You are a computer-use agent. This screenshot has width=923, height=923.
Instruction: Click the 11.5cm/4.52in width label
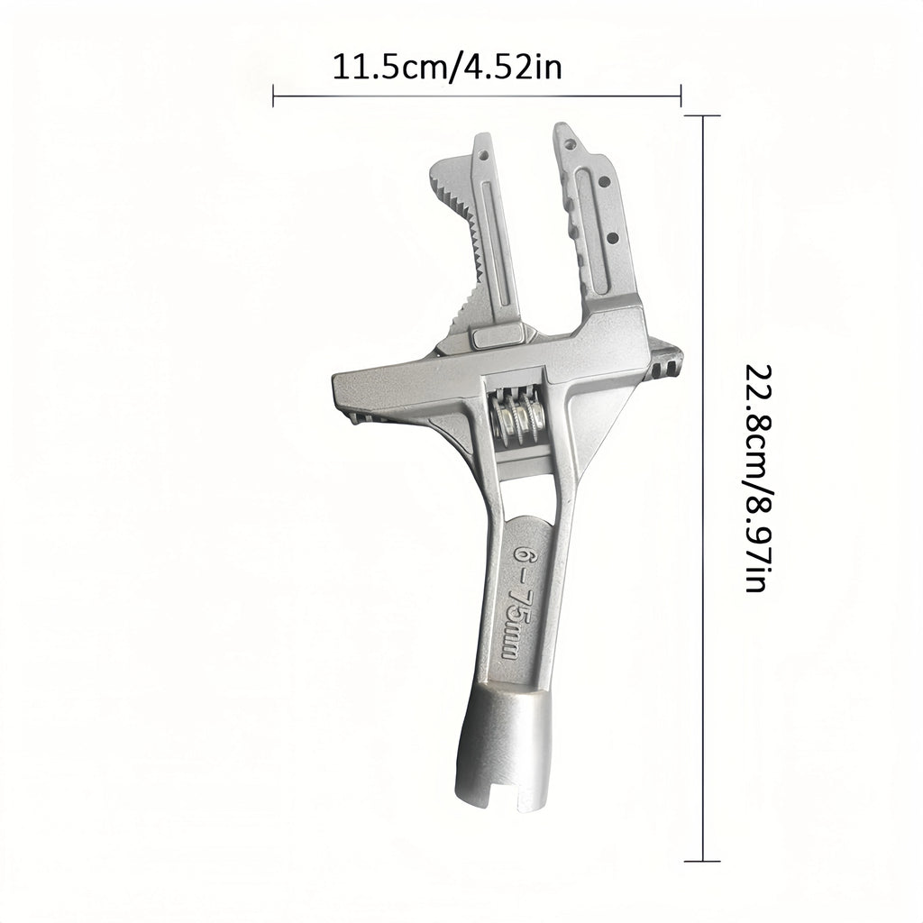[x=447, y=67]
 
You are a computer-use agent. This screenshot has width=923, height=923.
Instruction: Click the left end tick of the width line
[x=273, y=96]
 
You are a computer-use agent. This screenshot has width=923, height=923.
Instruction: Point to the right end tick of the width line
[x=681, y=96]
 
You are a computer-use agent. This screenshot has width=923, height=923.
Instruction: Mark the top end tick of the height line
[x=703, y=116]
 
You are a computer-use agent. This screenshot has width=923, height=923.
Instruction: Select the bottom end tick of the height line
[x=703, y=861]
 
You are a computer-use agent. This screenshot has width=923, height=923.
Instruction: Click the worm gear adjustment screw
[x=518, y=416]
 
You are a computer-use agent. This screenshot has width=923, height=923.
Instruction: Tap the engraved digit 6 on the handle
[x=522, y=553]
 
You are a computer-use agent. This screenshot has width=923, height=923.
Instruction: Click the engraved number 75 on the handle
[x=516, y=601]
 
